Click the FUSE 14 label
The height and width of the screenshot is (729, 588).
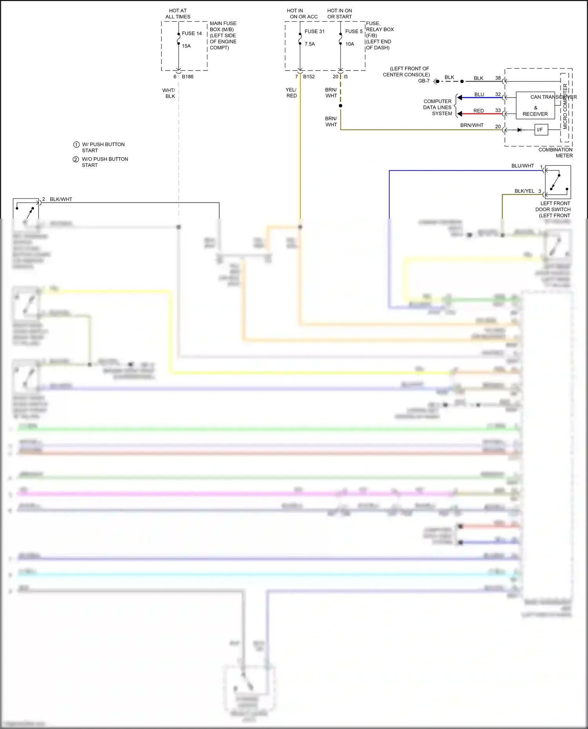tap(192, 33)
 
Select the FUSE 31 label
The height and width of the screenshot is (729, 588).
tap(314, 31)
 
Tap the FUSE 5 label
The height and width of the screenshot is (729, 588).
tap(354, 31)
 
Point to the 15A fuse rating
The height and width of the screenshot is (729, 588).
tap(186, 46)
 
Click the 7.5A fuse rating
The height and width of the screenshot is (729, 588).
tap(310, 44)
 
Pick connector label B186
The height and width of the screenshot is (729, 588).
tap(187, 76)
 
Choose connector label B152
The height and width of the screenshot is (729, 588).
tap(309, 76)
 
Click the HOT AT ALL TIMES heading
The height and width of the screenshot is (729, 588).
tap(178, 14)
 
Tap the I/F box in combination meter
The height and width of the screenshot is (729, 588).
tap(541, 130)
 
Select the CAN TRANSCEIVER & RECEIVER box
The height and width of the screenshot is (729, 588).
tap(535, 105)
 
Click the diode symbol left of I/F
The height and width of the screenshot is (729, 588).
tap(519, 130)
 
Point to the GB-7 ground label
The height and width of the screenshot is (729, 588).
tap(424, 81)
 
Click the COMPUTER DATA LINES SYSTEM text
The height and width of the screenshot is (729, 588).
tap(437, 107)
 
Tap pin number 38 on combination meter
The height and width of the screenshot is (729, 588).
tap(498, 78)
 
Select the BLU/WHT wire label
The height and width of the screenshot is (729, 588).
tap(523, 166)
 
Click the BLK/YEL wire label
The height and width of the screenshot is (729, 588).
tap(524, 191)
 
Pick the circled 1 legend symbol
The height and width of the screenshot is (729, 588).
tap(76, 145)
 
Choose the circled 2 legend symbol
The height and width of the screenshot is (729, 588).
tap(76, 159)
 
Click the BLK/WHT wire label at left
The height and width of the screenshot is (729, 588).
tap(61, 199)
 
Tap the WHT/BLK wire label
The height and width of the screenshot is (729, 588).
tap(169, 93)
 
